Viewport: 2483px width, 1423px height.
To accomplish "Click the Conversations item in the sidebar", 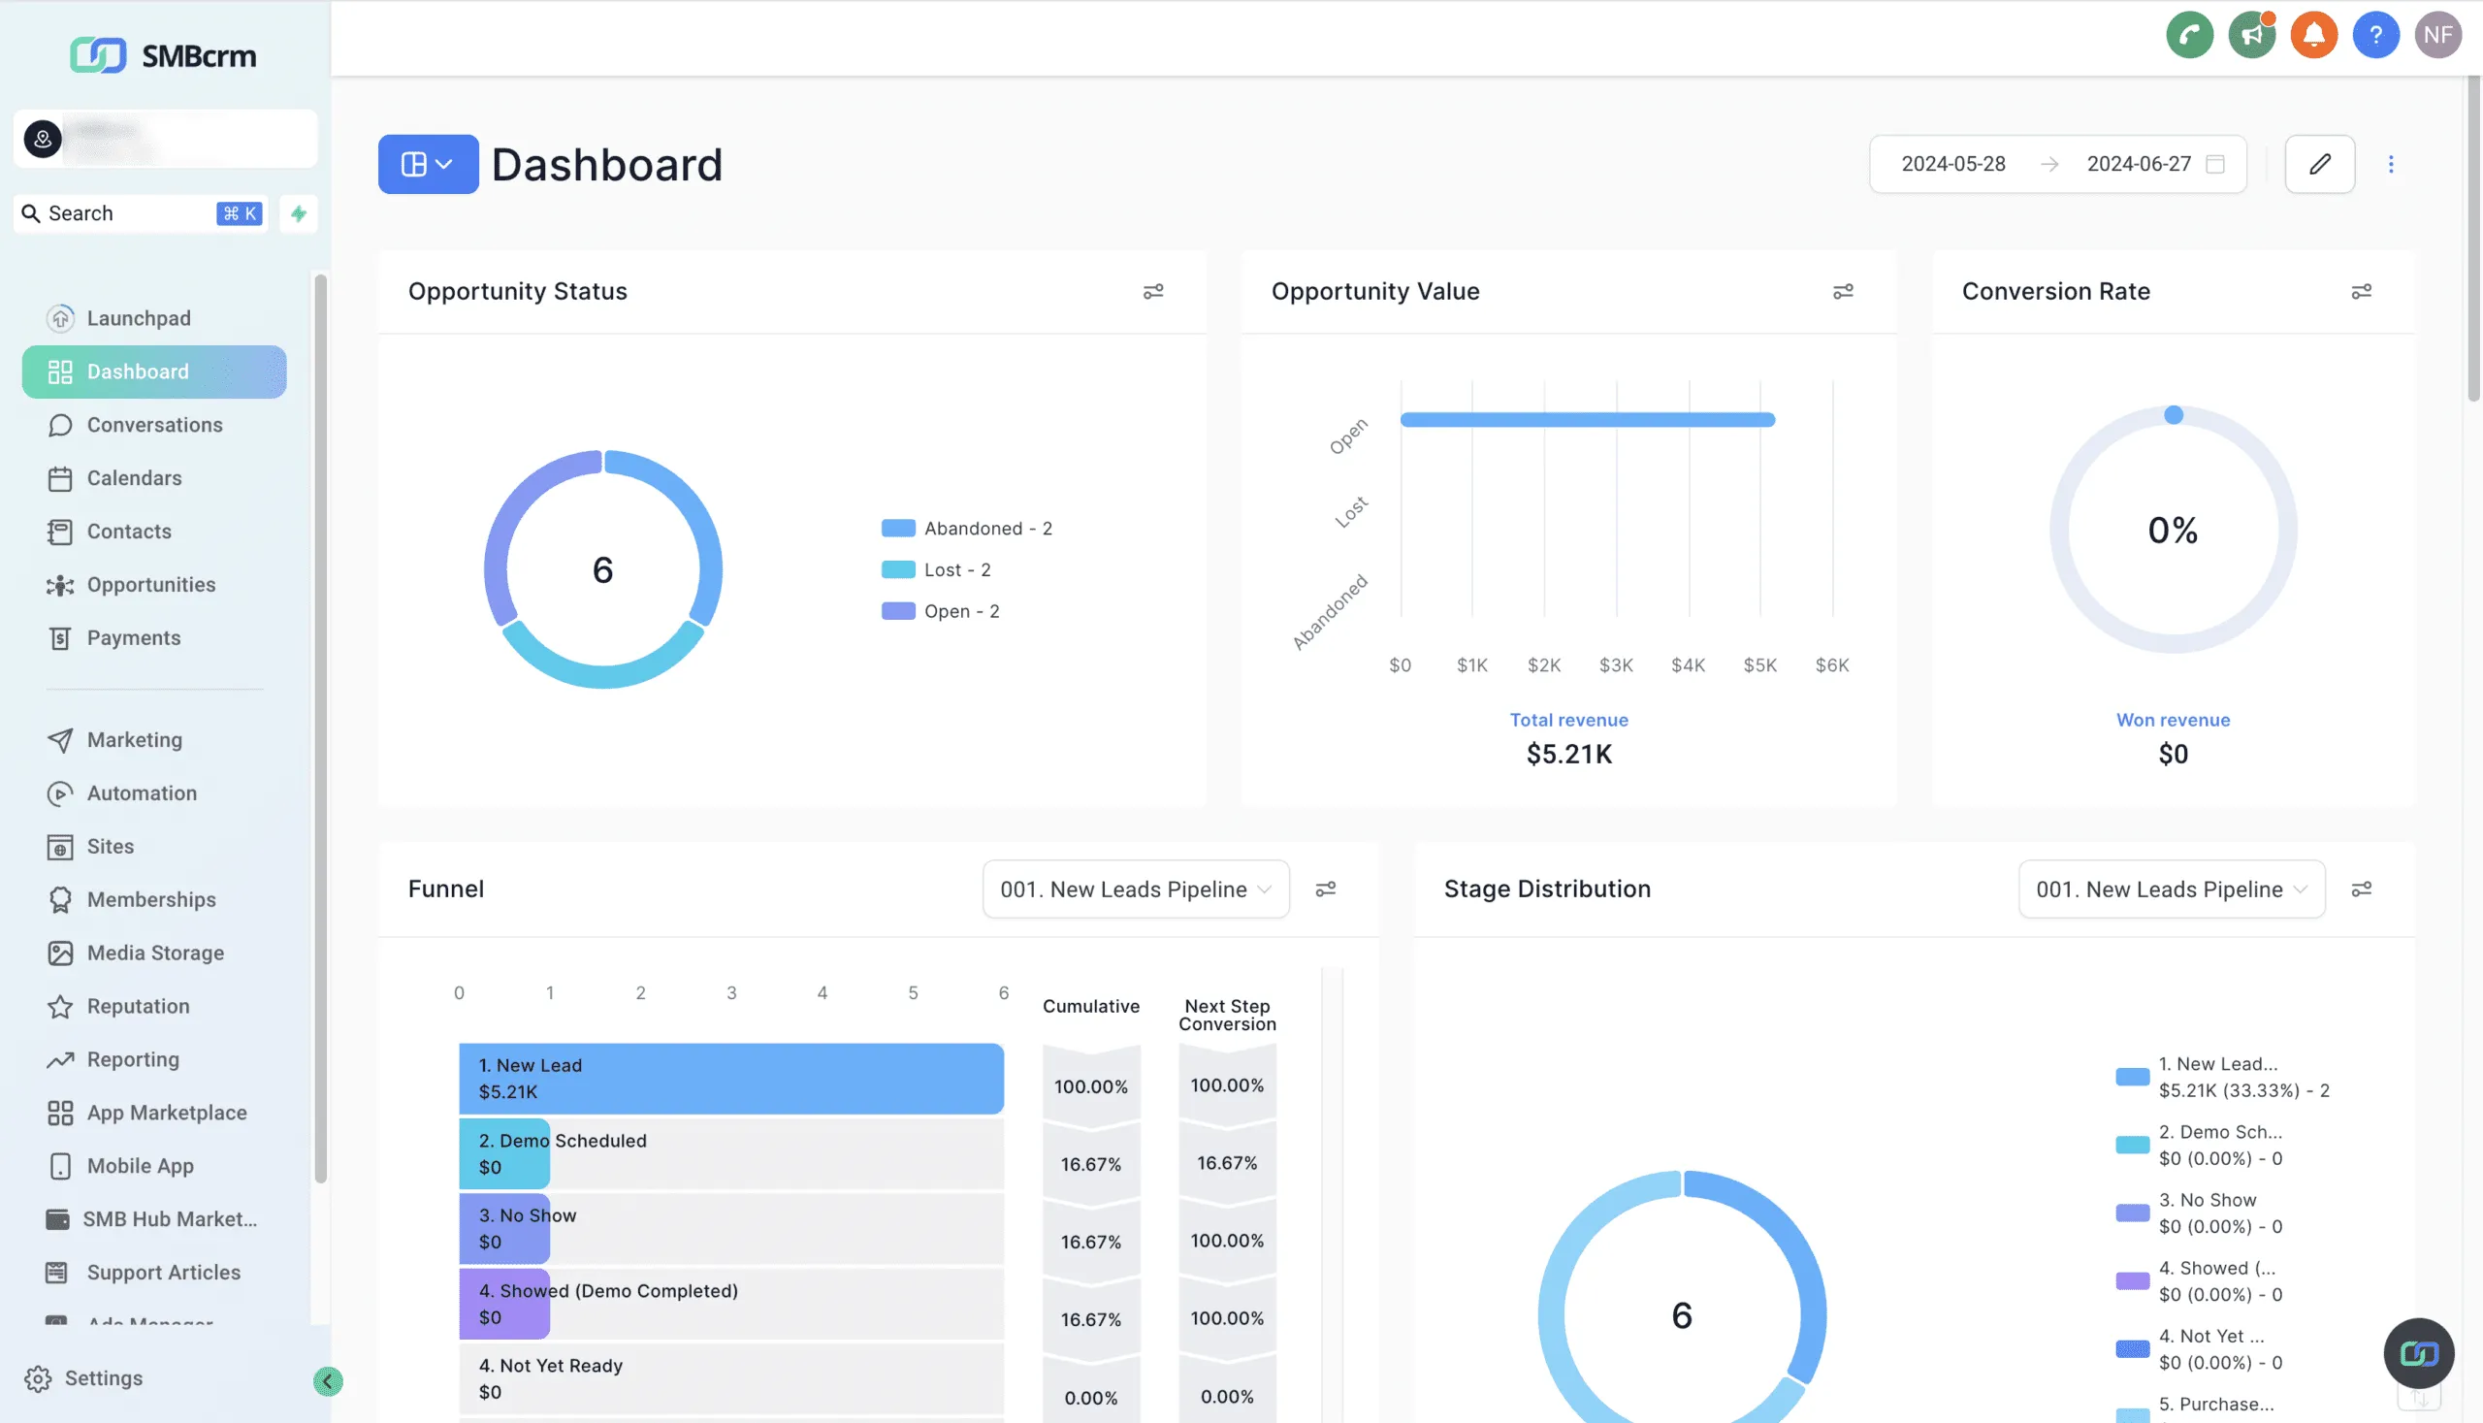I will (x=153, y=425).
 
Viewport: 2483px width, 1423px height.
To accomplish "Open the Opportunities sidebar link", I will (x=150, y=585).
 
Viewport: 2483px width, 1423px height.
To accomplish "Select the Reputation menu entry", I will (x=138, y=1006).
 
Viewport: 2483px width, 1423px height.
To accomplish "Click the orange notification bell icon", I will (x=2313, y=35).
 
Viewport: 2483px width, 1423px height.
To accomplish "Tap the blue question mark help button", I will (x=2374, y=35).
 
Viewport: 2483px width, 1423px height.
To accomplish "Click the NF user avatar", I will (x=2437, y=35).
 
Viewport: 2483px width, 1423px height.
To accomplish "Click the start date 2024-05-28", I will (x=1952, y=164).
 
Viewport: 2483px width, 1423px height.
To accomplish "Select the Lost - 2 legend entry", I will (x=955, y=569).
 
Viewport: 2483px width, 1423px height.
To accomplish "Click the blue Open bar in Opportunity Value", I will (x=1586, y=420).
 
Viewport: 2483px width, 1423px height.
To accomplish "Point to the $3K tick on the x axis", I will (x=1615, y=665).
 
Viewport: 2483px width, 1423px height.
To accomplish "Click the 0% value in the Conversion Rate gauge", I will (x=2172, y=531).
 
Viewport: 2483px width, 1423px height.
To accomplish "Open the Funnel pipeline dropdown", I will (x=1135, y=889).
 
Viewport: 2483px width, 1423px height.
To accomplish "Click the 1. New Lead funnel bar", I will (x=730, y=1079).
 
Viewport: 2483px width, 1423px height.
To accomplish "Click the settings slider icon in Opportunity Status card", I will (x=1152, y=292).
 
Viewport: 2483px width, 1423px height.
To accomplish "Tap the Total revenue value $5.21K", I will (x=1568, y=755).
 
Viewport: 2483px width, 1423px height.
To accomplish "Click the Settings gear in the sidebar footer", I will (x=84, y=1378).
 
